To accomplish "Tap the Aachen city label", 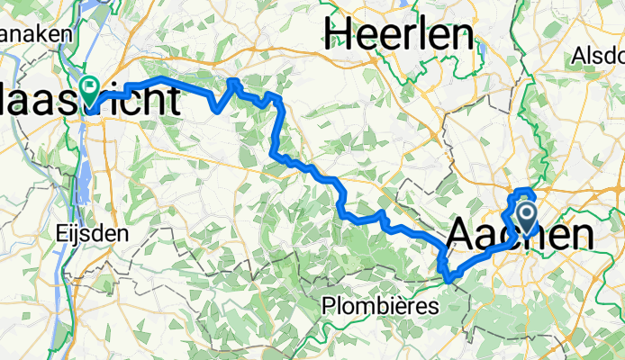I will point(520,236).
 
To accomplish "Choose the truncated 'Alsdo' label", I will point(597,56).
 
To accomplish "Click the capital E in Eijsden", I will point(59,232).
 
